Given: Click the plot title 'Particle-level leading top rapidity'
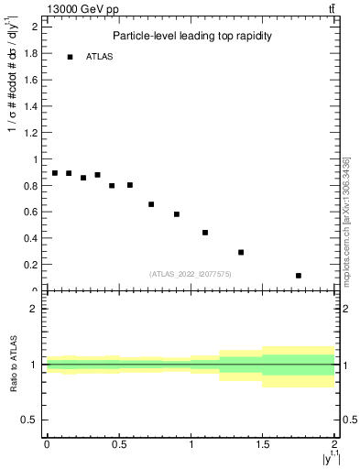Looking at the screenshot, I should [193, 37].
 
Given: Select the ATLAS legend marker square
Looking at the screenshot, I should [70, 57].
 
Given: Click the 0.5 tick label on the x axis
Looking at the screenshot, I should [118, 444].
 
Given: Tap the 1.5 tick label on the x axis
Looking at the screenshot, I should [263, 444].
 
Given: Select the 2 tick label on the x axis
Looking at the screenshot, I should [335, 444].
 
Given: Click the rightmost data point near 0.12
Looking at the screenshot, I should [299, 275].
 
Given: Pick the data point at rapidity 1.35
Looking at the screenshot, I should [241, 252].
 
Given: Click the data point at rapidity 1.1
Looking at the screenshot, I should [205, 233].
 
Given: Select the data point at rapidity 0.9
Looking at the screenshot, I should [177, 214].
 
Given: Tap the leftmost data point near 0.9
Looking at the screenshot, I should [54, 173].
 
